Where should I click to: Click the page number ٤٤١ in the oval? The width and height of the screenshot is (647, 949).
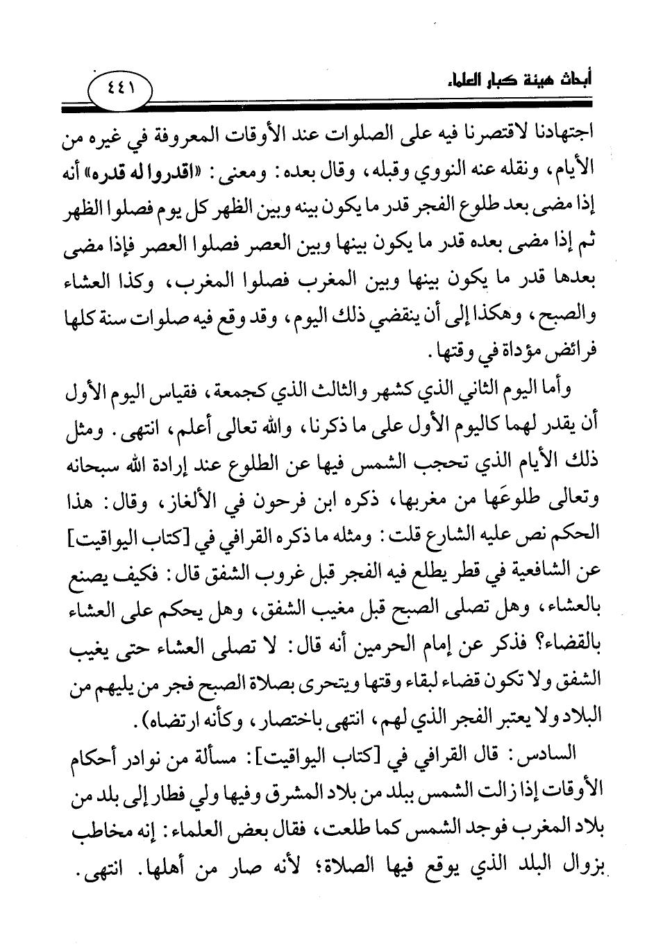(121, 89)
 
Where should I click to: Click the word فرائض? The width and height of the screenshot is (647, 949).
(570, 355)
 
